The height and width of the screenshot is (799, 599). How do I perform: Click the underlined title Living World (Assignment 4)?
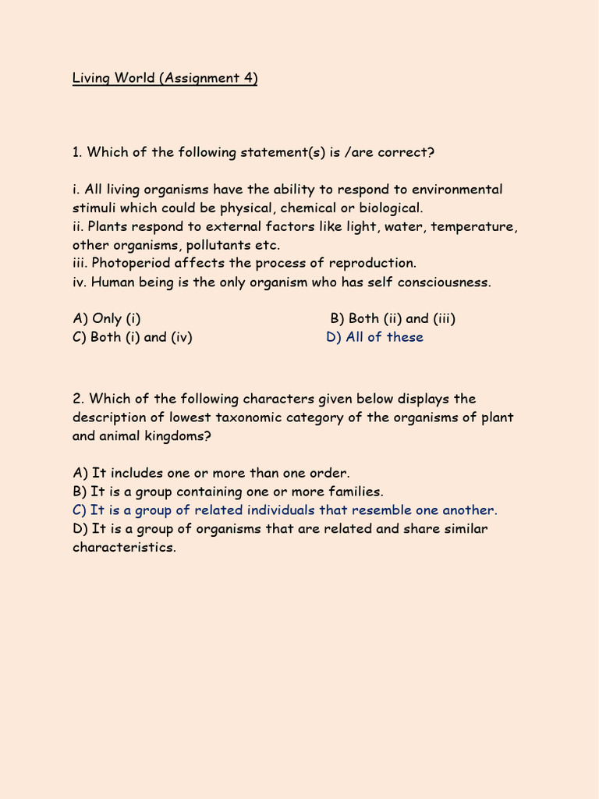[165, 78]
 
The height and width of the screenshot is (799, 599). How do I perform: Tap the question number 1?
[76, 152]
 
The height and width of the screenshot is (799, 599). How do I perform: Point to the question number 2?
[77, 399]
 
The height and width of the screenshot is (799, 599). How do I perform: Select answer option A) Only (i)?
[107, 318]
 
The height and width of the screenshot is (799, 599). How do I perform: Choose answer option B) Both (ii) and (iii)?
[393, 318]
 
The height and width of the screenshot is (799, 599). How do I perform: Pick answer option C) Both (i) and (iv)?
[133, 337]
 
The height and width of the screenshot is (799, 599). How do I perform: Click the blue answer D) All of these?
[375, 337]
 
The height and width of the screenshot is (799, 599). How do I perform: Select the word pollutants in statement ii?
[207, 245]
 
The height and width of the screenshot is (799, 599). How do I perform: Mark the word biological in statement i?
[386, 208]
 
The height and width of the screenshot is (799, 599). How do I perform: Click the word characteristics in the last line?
[125, 547]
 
